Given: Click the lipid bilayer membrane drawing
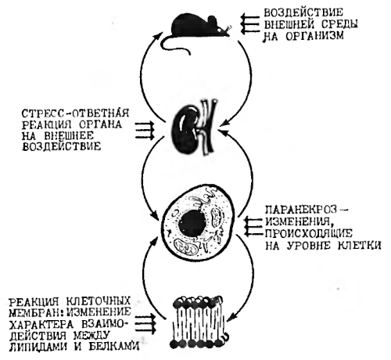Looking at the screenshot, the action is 199,322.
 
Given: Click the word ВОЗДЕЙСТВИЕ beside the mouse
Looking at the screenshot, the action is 303,13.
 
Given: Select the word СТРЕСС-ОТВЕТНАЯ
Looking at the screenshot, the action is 75,113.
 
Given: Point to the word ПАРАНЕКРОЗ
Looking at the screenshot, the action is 302,210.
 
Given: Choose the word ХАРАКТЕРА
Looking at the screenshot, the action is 41,325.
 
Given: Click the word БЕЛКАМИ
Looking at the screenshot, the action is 114,347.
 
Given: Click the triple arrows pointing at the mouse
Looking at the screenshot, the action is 249,24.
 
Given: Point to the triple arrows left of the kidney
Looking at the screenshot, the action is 145,130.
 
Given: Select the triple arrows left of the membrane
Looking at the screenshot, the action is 145,324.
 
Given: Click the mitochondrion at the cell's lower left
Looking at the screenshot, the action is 186,247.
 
